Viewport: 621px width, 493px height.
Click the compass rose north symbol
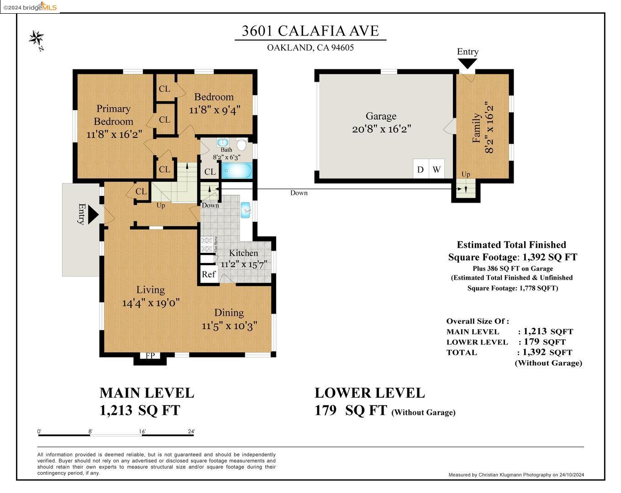tap(37, 38)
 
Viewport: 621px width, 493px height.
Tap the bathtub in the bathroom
tap(236, 171)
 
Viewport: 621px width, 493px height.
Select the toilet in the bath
tap(242, 145)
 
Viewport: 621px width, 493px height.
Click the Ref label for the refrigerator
tap(209, 274)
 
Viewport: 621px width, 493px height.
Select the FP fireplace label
tap(150, 356)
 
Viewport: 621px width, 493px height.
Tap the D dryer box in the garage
tap(421, 169)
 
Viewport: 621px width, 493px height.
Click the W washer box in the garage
tap(437, 169)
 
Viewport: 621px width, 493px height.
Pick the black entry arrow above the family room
tap(467, 63)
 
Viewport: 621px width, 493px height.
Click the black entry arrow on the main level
tap(93, 214)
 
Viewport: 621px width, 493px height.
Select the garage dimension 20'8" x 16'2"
tap(381, 129)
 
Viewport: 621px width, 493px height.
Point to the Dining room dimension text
tap(230, 326)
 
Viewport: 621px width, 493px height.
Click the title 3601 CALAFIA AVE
tap(310, 31)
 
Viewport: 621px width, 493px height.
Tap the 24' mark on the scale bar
tap(191, 431)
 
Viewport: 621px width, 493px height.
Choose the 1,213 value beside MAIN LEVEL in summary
tap(535, 331)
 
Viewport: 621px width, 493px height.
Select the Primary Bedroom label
tap(113, 115)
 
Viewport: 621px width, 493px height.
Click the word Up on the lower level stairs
tap(466, 174)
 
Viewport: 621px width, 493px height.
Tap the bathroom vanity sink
tap(223, 142)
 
